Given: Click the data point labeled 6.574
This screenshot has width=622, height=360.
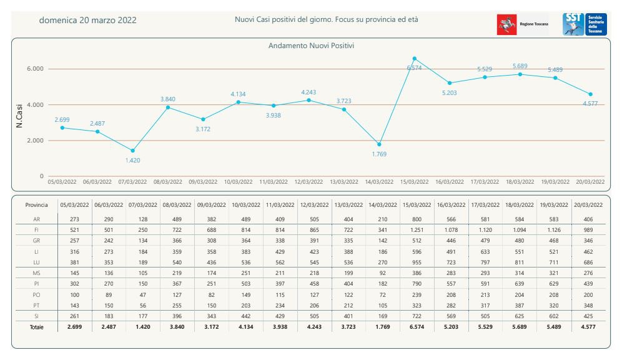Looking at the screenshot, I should [x=415, y=59].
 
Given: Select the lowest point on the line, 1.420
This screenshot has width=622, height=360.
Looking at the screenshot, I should [x=132, y=151].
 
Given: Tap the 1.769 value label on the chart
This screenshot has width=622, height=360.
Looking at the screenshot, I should [x=379, y=154].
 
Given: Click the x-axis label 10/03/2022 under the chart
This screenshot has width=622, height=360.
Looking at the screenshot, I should [x=238, y=182].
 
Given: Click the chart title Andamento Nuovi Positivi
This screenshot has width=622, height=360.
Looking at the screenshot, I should [x=311, y=46].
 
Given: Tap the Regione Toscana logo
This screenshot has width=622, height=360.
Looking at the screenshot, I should [x=523, y=24].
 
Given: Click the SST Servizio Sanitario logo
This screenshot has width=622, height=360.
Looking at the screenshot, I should [x=585, y=24].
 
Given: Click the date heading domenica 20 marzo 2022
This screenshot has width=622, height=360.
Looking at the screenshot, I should [x=88, y=20].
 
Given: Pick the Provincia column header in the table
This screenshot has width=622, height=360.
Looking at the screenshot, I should [x=36, y=205].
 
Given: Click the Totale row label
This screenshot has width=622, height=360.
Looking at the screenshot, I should [x=36, y=327].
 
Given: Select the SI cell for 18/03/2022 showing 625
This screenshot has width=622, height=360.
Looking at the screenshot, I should [x=520, y=316].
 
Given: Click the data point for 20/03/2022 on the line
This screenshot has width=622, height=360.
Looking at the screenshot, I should [x=590, y=94].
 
